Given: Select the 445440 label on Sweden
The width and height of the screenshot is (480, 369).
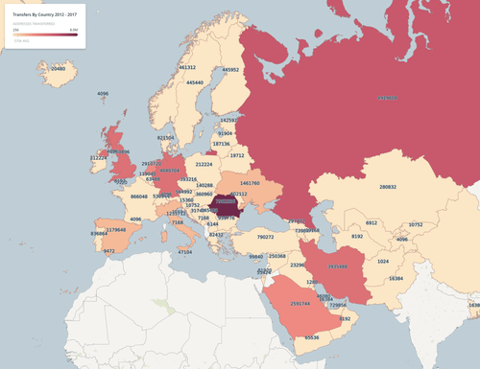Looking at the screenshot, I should (x=195, y=82).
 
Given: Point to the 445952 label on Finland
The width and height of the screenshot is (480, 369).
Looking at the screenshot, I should (x=230, y=70).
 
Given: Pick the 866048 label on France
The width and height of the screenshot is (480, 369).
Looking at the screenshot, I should (x=139, y=196).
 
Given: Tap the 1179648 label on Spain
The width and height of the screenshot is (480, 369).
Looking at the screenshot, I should (x=116, y=230).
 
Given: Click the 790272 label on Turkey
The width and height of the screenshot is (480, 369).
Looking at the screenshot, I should (x=266, y=236).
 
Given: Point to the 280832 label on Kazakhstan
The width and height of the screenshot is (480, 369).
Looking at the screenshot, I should (x=387, y=187).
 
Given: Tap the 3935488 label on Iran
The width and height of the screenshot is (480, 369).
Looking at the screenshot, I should (x=338, y=266).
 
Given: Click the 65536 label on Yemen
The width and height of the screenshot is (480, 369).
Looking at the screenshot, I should (x=312, y=337).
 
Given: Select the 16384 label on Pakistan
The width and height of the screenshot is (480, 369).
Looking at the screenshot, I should (x=396, y=278).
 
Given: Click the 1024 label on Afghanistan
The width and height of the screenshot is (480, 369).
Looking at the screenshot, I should (x=382, y=261).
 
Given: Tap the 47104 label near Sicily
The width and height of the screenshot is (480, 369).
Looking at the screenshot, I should (x=185, y=252).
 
